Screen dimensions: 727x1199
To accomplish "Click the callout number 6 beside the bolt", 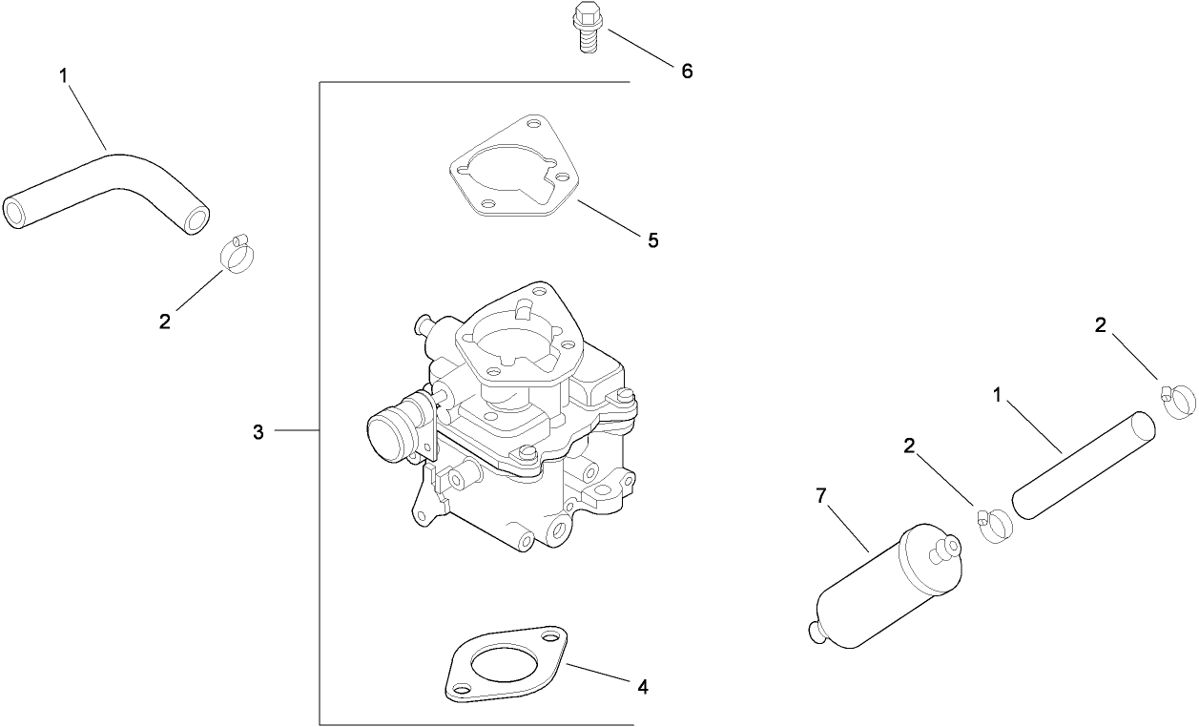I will pos(686,71).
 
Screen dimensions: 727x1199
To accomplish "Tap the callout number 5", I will pos(652,240).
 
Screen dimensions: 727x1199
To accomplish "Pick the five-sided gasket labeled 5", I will pos(514,170).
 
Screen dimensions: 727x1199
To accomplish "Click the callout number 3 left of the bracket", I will pos(258,432).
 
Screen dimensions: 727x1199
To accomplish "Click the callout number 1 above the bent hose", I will pos(64,76).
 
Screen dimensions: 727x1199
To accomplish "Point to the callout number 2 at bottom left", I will pos(165,322).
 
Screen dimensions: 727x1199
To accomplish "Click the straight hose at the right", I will pos(1084,465).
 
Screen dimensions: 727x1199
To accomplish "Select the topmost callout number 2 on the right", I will pos(1101,325).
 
